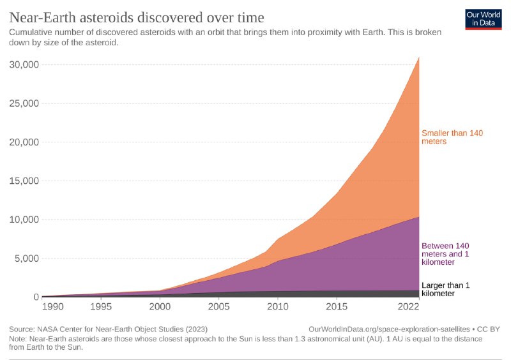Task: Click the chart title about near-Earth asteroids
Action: (137, 15)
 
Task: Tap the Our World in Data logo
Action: (483, 19)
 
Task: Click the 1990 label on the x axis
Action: (53, 306)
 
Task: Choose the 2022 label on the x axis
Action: (407, 306)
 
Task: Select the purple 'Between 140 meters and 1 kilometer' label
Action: (446, 253)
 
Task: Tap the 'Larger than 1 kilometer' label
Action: (445, 289)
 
